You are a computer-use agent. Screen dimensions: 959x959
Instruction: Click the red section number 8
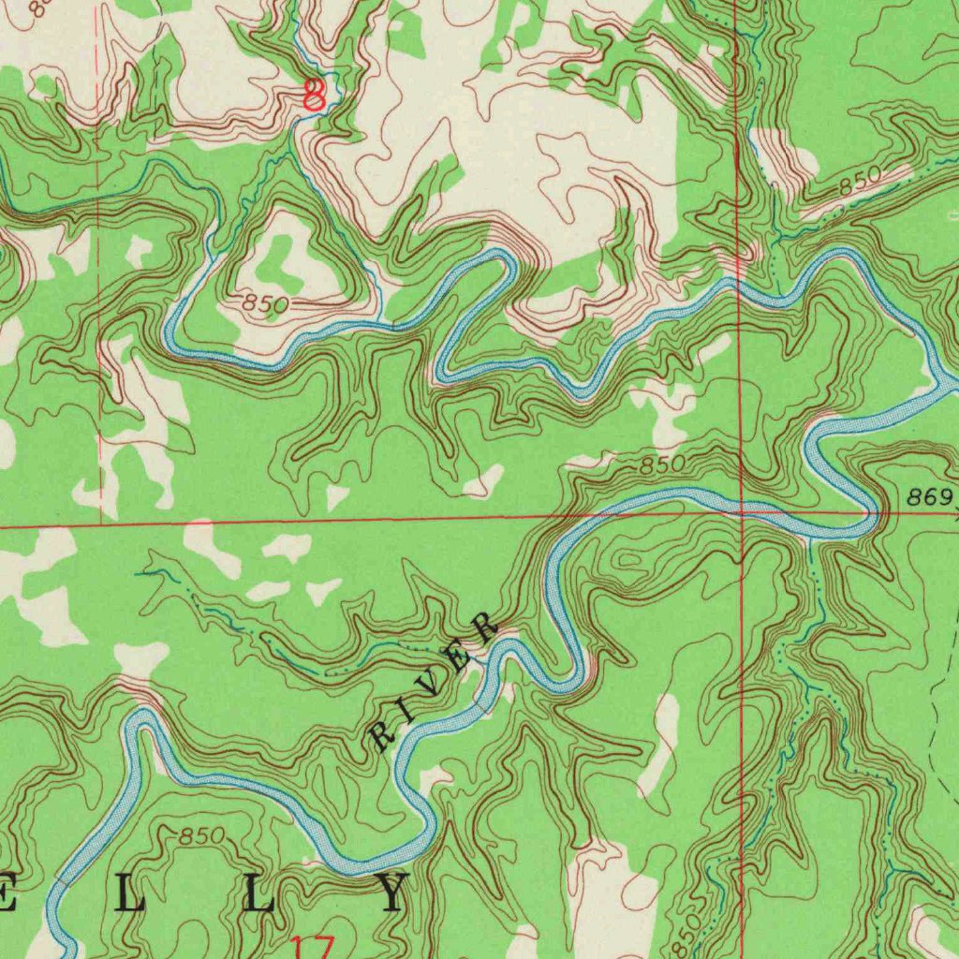(x=316, y=96)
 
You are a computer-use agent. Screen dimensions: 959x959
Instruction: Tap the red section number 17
(x=311, y=946)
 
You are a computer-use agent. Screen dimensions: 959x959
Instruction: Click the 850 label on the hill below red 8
(x=265, y=303)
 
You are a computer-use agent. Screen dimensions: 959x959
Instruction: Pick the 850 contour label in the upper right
(x=859, y=182)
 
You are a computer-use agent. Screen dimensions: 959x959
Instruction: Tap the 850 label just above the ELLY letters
(x=201, y=835)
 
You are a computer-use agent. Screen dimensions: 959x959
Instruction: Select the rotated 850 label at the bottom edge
(x=686, y=933)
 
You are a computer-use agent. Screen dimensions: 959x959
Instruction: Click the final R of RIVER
(x=485, y=627)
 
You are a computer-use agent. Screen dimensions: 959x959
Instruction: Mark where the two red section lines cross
(x=741, y=512)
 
